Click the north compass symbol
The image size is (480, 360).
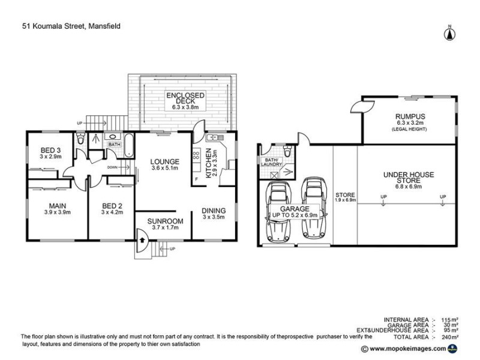448,33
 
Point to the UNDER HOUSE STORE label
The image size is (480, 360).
408,178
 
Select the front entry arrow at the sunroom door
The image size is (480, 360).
142,239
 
